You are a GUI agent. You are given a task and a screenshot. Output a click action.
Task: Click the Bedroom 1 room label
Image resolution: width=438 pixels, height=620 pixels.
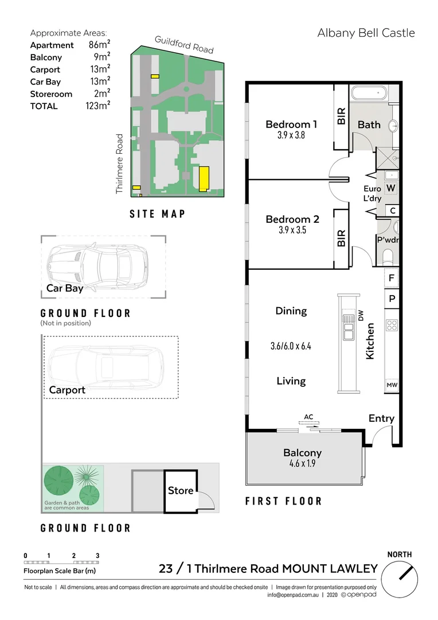pyautogui.click(x=291, y=124)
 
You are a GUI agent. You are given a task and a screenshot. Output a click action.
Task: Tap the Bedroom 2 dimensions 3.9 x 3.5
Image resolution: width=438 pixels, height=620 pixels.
pyautogui.click(x=291, y=231)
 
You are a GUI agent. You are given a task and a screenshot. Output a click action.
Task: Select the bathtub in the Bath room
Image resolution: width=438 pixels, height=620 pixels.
pyautogui.click(x=369, y=95)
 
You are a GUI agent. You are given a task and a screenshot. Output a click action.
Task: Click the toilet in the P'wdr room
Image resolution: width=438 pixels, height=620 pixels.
pyautogui.click(x=388, y=255)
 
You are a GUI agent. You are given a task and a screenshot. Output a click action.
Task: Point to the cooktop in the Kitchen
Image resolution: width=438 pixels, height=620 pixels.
pyautogui.click(x=392, y=325)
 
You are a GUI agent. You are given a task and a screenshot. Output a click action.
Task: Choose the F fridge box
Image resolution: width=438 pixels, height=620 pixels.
pyautogui.click(x=392, y=278)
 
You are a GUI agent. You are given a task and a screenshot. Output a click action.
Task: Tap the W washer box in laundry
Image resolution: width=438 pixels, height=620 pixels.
pyautogui.click(x=391, y=188)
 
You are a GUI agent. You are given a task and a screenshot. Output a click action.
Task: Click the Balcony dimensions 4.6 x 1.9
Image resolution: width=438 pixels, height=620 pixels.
pyautogui.click(x=302, y=464)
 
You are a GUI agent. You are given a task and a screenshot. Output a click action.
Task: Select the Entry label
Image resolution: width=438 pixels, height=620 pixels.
pyautogui.click(x=381, y=418)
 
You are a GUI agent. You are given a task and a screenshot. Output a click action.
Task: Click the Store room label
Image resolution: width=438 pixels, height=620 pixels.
pyautogui.click(x=180, y=491)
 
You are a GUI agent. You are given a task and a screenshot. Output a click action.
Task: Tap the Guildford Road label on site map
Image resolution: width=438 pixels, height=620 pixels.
pyautogui.click(x=184, y=44)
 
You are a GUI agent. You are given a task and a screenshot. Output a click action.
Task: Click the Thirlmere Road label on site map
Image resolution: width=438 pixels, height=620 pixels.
pyautogui.click(x=120, y=164)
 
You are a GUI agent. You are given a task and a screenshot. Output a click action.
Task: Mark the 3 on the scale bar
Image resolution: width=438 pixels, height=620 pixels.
pyautogui.click(x=98, y=556)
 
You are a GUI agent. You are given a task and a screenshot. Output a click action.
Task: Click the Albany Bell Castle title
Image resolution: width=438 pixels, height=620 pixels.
pyautogui.click(x=366, y=33)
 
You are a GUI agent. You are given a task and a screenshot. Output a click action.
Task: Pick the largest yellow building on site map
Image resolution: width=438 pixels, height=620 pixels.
pyautogui.click(x=204, y=179)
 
